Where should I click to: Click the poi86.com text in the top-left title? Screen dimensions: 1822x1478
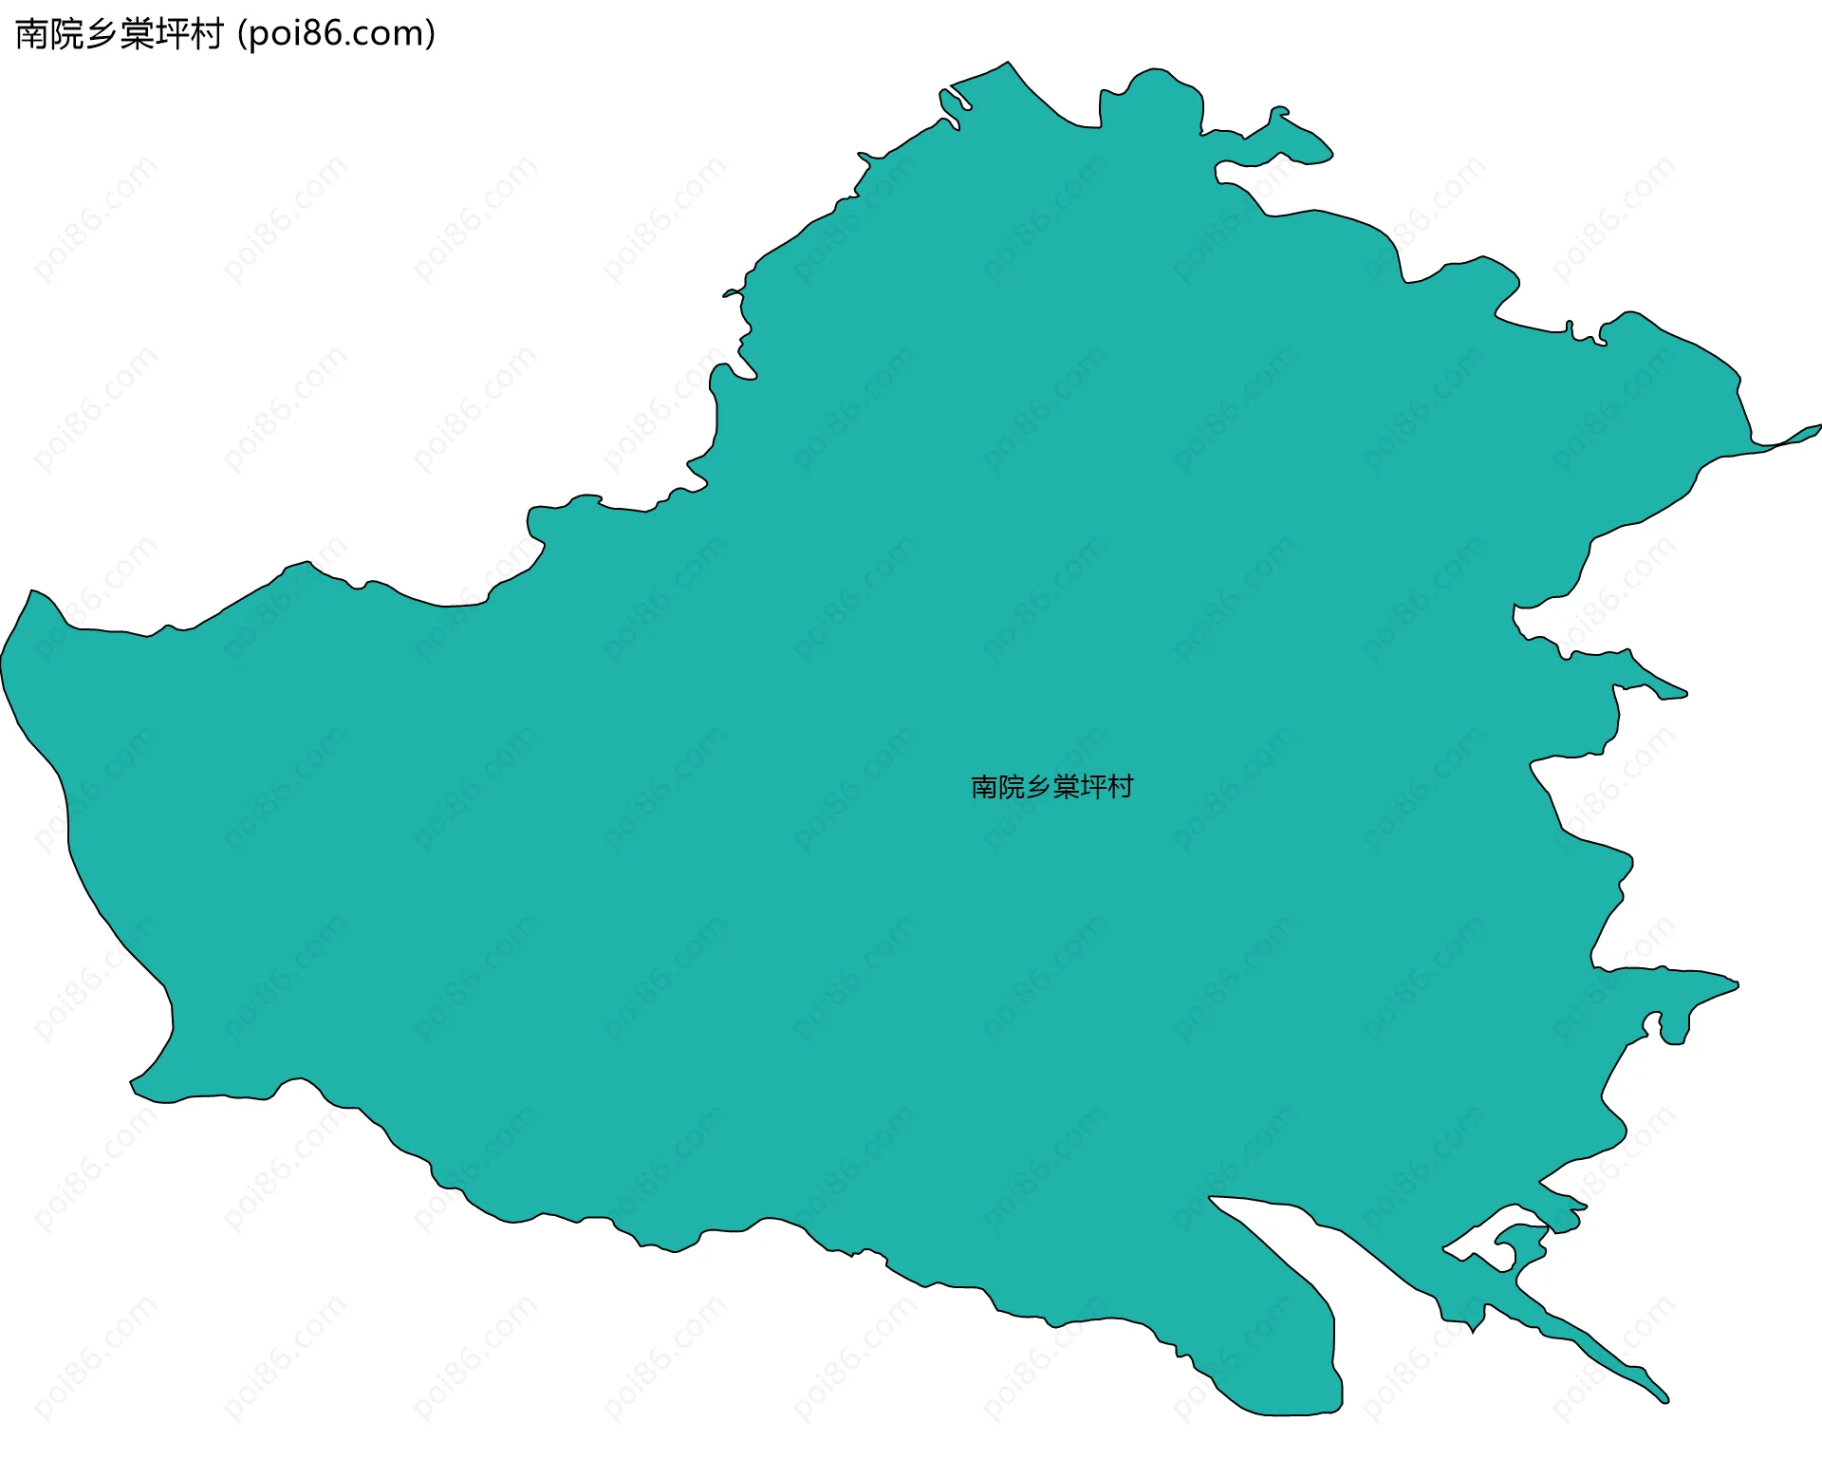pyautogui.click(x=336, y=34)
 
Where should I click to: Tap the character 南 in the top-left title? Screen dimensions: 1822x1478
pyautogui.click(x=31, y=34)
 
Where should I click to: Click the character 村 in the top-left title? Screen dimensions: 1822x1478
pyautogui.click(x=206, y=34)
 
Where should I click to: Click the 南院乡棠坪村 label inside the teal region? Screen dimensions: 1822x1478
pyautogui.click(x=1051, y=787)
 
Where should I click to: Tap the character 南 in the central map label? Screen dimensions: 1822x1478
pyautogui.click(x=984, y=787)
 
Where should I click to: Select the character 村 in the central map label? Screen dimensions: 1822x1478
pyautogui.click(x=1121, y=787)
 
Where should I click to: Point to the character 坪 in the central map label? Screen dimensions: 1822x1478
pyautogui.click(x=1093, y=787)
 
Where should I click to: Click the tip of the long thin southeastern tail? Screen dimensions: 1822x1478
pyautogui.click(x=1665, y=1398)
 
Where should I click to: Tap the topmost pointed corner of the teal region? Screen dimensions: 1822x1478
pyautogui.click(x=1007, y=64)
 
